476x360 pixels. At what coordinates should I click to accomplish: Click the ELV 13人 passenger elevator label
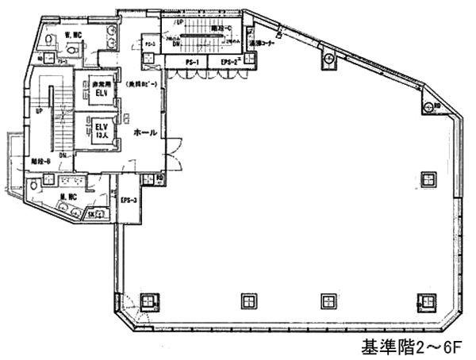pos(101,130)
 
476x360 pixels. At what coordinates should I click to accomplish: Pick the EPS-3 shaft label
pos(129,201)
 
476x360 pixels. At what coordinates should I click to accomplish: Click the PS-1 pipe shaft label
pos(191,62)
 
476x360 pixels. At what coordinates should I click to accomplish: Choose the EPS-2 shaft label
pos(230,62)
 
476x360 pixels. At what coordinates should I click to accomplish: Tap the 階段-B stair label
pos(41,161)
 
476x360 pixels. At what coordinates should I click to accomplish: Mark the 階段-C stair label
pos(222,29)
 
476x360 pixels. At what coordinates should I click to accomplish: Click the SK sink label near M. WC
pos(91,214)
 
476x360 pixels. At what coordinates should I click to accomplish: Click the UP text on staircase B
pos(39,112)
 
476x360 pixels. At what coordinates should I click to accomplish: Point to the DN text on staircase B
pos(62,155)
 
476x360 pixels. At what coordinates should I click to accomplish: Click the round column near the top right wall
pos(327,60)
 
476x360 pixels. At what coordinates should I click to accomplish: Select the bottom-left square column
pos(148,301)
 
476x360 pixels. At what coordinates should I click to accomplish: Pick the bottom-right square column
pos(425,301)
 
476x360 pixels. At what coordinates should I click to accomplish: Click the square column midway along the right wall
pos(429,178)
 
